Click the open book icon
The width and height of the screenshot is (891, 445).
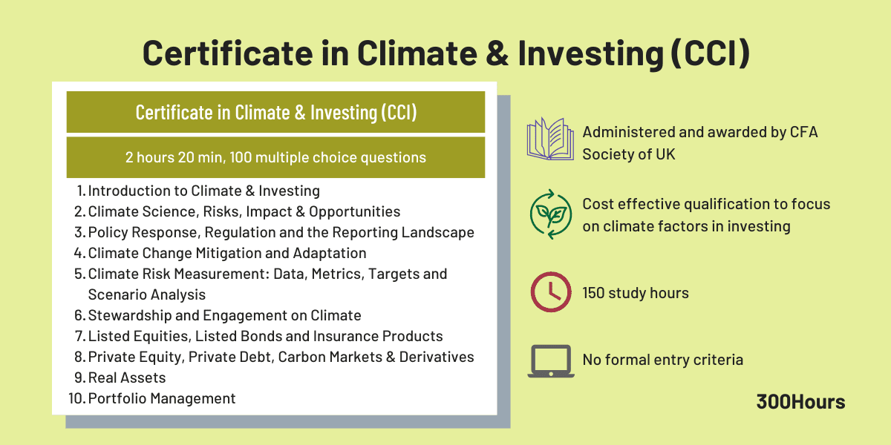pos(549,139)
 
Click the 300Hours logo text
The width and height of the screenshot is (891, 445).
pos(800,402)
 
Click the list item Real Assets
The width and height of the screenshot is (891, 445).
pos(127,378)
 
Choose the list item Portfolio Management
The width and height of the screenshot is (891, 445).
pos(162,398)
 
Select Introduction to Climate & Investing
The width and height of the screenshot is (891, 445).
pos(204,191)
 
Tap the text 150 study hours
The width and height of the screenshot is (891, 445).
pos(636,293)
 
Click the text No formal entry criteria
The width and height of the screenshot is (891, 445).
pos(662,360)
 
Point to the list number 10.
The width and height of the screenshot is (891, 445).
pos(76,398)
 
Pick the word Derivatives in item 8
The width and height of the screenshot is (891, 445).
pos(437,357)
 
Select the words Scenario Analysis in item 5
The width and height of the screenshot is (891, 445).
pos(146,294)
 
